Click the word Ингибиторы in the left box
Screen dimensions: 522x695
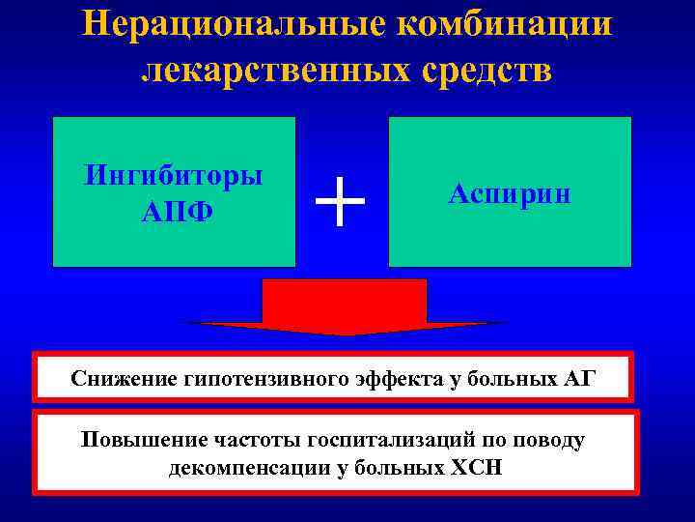(174, 176)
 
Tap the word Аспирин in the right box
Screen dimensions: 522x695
(510, 193)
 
